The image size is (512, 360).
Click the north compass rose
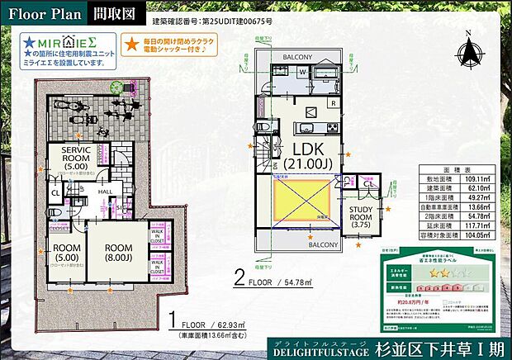point(468,52)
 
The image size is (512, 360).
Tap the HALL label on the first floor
point(106,191)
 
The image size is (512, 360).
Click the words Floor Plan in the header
point(44,13)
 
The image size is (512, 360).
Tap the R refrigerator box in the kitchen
point(331,104)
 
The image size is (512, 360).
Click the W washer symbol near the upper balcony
point(302,73)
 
